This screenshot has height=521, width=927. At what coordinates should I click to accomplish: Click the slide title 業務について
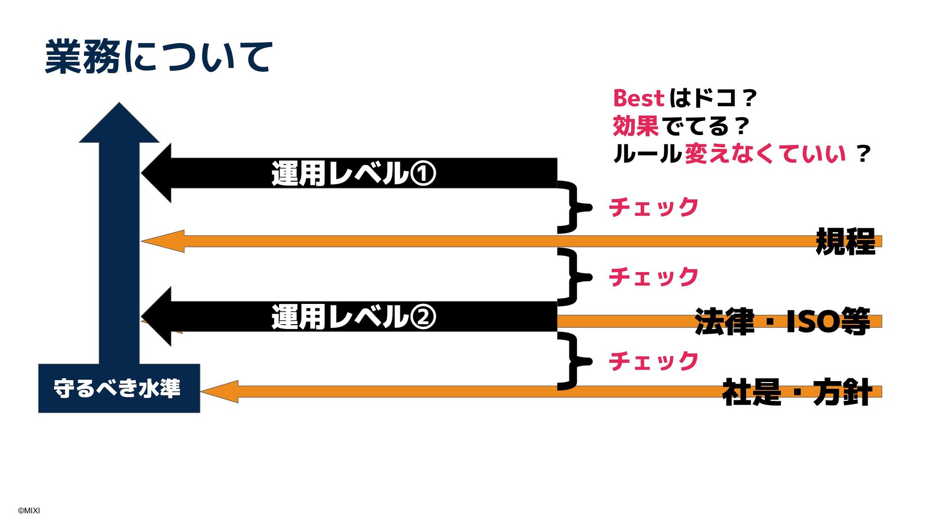pyautogui.click(x=159, y=57)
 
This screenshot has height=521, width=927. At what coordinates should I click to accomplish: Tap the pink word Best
pyautogui.click(x=638, y=98)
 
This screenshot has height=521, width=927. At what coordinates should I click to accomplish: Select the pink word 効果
pyautogui.click(x=635, y=126)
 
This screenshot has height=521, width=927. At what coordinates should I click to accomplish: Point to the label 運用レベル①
pyautogui.click(x=353, y=174)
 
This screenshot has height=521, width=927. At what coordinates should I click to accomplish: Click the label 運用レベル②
pyautogui.click(x=353, y=317)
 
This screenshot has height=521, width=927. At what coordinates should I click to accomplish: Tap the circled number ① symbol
pyautogui.click(x=423, y=174)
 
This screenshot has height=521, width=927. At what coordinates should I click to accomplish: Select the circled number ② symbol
pyautogui.click(x=423, y=317)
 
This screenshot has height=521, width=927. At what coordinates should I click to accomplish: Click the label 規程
pyautogui.click(x=845, y=241)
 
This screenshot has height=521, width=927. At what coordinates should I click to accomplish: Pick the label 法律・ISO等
pyautogui.click(x=782, y=321)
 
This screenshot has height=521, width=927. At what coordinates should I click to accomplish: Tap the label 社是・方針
pyautogui.click(x=797, y=392)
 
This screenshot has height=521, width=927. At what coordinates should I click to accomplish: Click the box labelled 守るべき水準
pyautogui.click(x=119, y=388)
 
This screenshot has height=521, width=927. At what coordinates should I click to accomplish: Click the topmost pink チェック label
pyautogui.click(x=653, y=207)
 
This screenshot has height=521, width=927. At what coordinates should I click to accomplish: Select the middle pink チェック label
pyautogui.click(x=653, y=277)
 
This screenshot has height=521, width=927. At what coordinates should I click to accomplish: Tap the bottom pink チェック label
pyautogui.click(x=653, y=361)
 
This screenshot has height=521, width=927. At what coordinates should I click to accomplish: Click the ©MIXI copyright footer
pyautogui.click(x=29, y=510)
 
